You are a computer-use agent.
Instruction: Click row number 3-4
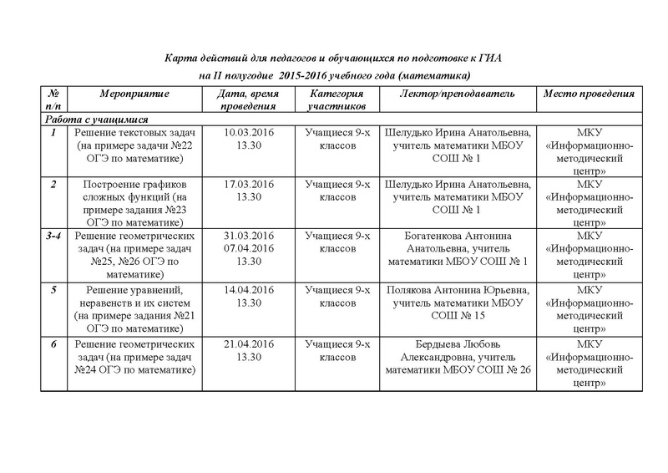pyautogui.click(x=53, y=236)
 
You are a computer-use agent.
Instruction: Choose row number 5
pyautogui.click(x=53, y=289)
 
